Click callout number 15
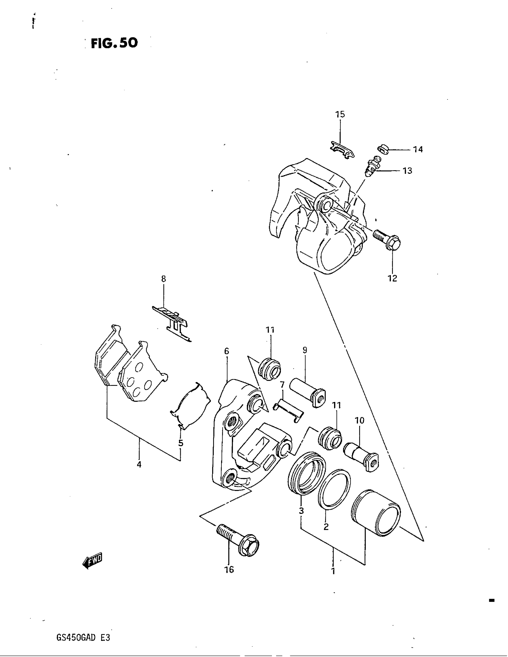(x=340, y=114)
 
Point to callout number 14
(x=418, y=149)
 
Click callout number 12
(x=392, y=278)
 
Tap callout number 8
(x=163, y=279)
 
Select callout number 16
(x=229, y=569)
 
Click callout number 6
(x=227, y=351)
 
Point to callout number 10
(x=359, y=420)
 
